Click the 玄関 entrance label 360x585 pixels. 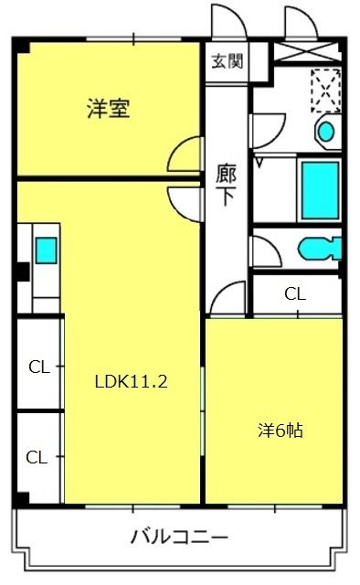[x=228, y=61]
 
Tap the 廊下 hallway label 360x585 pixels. [x=226, y=184]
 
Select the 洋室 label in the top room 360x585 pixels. [x=109, y=108]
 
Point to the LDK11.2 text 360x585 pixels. [x=132, y=381]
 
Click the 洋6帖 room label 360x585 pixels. [x=281, y=431]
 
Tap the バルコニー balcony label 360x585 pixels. [x=179, y=537]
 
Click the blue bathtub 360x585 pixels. [x=321, y=190]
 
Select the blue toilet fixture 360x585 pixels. [x=320, y=249]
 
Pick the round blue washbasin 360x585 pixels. [x=325, y=132]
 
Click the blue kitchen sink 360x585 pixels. [x=47, y=250]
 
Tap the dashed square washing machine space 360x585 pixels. [x=325, y=90]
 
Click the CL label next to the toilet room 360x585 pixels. [x=295, y=294]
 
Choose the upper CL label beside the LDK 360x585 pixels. [x=39, y=367]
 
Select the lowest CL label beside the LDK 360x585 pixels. [x=37, y=457]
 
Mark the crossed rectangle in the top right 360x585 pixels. [x=307, y=51]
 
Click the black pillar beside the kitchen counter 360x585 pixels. [x=24, y=272]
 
